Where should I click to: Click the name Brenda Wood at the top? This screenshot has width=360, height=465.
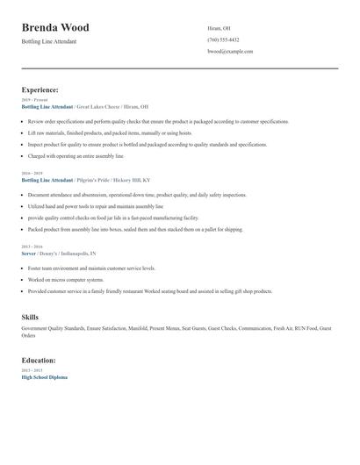coord(55,27)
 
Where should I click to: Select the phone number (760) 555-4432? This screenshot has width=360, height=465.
coord(223,39)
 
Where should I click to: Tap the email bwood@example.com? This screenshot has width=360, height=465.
coord(230,52)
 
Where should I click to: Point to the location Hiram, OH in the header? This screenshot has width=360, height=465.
coord(219,28)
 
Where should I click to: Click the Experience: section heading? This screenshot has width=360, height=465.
coord(40,89)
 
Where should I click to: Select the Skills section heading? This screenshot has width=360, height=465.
coord(30,316)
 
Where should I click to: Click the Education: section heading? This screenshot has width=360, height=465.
coord(39,360)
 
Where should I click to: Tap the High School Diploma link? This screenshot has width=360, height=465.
coord(44,376)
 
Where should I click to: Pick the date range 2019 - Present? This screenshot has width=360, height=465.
coord(32,100)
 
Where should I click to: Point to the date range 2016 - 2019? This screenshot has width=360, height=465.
coord(31,174)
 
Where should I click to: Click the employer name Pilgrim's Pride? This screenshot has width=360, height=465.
coord(96,180)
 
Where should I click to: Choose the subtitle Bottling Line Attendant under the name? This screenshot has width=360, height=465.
coord(51,41)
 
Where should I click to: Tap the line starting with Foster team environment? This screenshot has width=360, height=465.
coord(91,268)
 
